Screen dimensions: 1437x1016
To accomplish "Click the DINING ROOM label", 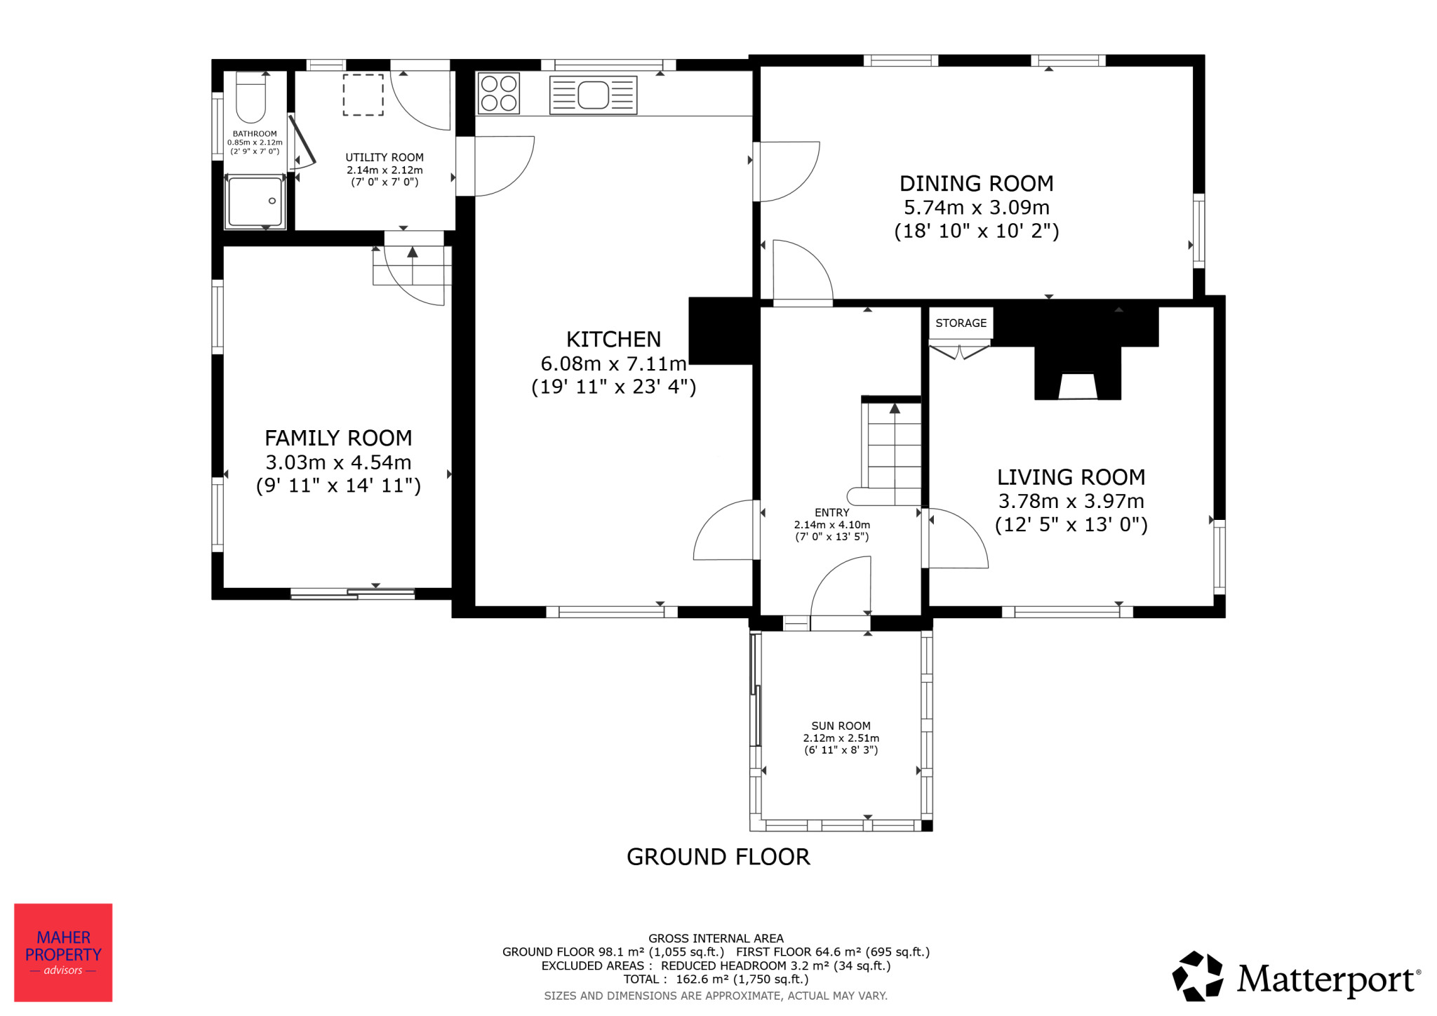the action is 976,184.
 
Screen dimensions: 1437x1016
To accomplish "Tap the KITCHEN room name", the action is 613,340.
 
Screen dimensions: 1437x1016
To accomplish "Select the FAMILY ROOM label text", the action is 338,439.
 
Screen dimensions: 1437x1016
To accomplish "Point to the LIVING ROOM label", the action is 1071,478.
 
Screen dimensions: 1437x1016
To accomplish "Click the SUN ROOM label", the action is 841,726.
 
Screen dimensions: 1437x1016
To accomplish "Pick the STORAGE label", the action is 961,323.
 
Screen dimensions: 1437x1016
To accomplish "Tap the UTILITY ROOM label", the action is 385,158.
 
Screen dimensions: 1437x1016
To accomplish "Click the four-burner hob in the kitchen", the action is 499,93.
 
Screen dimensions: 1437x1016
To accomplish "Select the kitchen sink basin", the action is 593,95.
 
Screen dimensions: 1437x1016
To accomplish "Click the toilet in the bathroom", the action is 250,98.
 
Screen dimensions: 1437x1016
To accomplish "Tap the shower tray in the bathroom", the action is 255,202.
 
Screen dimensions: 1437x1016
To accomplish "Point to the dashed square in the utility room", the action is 363,95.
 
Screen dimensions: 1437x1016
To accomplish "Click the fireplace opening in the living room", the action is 1077,386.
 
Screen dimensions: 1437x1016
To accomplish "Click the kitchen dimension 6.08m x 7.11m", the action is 613,363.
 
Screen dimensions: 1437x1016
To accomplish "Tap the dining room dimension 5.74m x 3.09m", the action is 976,208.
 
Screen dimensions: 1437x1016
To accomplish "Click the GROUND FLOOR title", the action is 718,857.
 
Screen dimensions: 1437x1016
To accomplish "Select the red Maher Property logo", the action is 63,952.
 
